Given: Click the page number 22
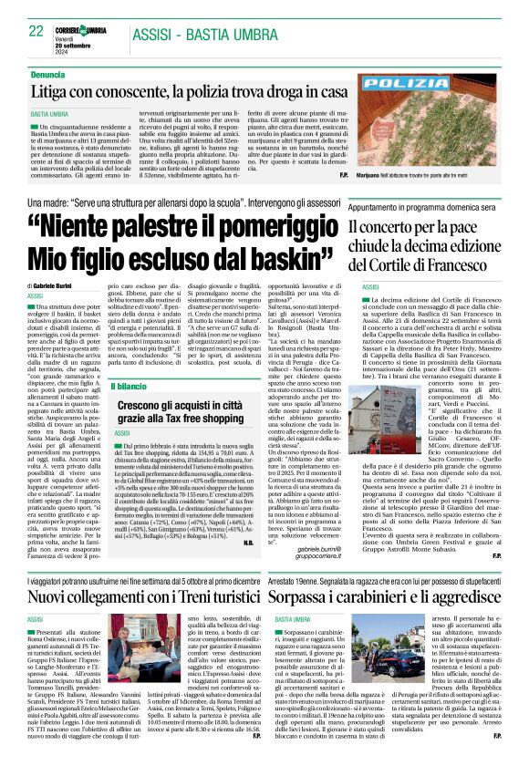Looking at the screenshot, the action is point(35,31).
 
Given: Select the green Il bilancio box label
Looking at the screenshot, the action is point(135,388).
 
